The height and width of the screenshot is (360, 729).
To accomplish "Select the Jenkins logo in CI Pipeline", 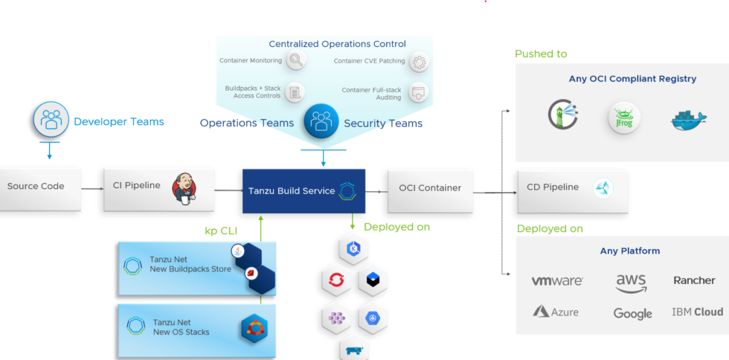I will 184,187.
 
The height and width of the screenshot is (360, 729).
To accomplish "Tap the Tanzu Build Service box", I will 304,191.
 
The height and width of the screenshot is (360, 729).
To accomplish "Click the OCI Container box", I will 429,188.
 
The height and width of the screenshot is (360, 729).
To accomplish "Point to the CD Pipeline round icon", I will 603,188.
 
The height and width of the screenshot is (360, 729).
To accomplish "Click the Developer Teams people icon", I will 51,120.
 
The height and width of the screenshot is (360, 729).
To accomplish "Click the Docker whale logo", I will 688,120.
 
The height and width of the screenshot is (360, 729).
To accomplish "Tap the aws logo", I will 631,283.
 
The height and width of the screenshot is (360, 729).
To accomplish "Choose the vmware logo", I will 557,281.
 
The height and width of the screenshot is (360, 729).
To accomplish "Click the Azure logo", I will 556,312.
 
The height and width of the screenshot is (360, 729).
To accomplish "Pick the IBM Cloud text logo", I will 697,312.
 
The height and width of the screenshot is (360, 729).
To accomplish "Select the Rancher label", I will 694,280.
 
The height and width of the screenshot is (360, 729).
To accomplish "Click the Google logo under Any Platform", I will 632,313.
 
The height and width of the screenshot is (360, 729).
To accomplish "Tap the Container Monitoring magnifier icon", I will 296,61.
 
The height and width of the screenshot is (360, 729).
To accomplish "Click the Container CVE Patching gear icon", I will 419,61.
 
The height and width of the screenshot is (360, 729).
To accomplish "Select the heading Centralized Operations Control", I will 337,45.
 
